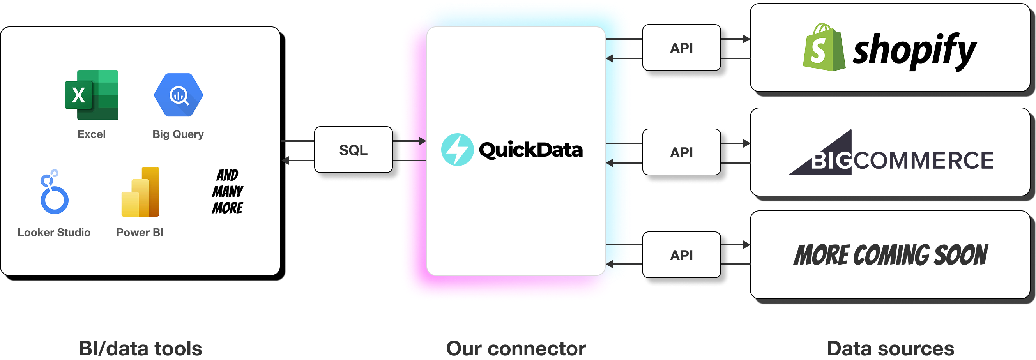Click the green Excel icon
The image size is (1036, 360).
pos(92,95)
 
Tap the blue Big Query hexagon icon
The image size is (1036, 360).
pos(178,95)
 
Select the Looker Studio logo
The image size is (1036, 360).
pos(54,192)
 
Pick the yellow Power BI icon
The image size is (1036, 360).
pos(140,192)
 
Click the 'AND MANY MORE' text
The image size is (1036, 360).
pos(228,191)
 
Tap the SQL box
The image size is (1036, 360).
pos(353,150)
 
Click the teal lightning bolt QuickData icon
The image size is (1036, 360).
pos(457,150)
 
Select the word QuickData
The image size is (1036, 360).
pos(530,150)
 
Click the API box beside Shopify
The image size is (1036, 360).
pos(681,48)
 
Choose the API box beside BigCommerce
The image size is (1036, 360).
pos(681,152)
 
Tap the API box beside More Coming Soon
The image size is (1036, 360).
pos(681,255)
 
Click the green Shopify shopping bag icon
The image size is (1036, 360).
pos(823,48)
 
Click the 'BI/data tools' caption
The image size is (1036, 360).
pos(140,348)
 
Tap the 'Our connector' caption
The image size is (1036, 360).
pos(516,348)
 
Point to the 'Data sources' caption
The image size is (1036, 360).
pos(890,348)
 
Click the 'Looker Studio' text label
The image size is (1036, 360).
pos(54,233)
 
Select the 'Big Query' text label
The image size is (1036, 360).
pos(178,134)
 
